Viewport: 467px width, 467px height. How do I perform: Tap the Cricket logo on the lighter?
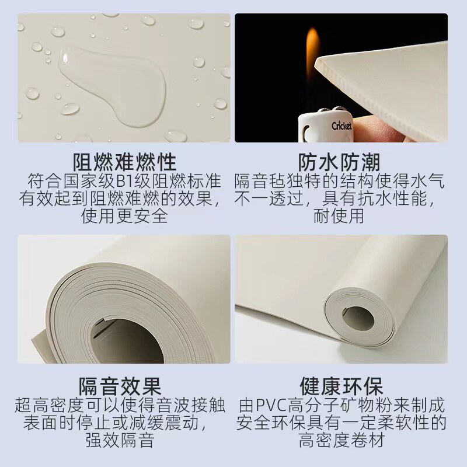pyautogui.click(x=341, y=126)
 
